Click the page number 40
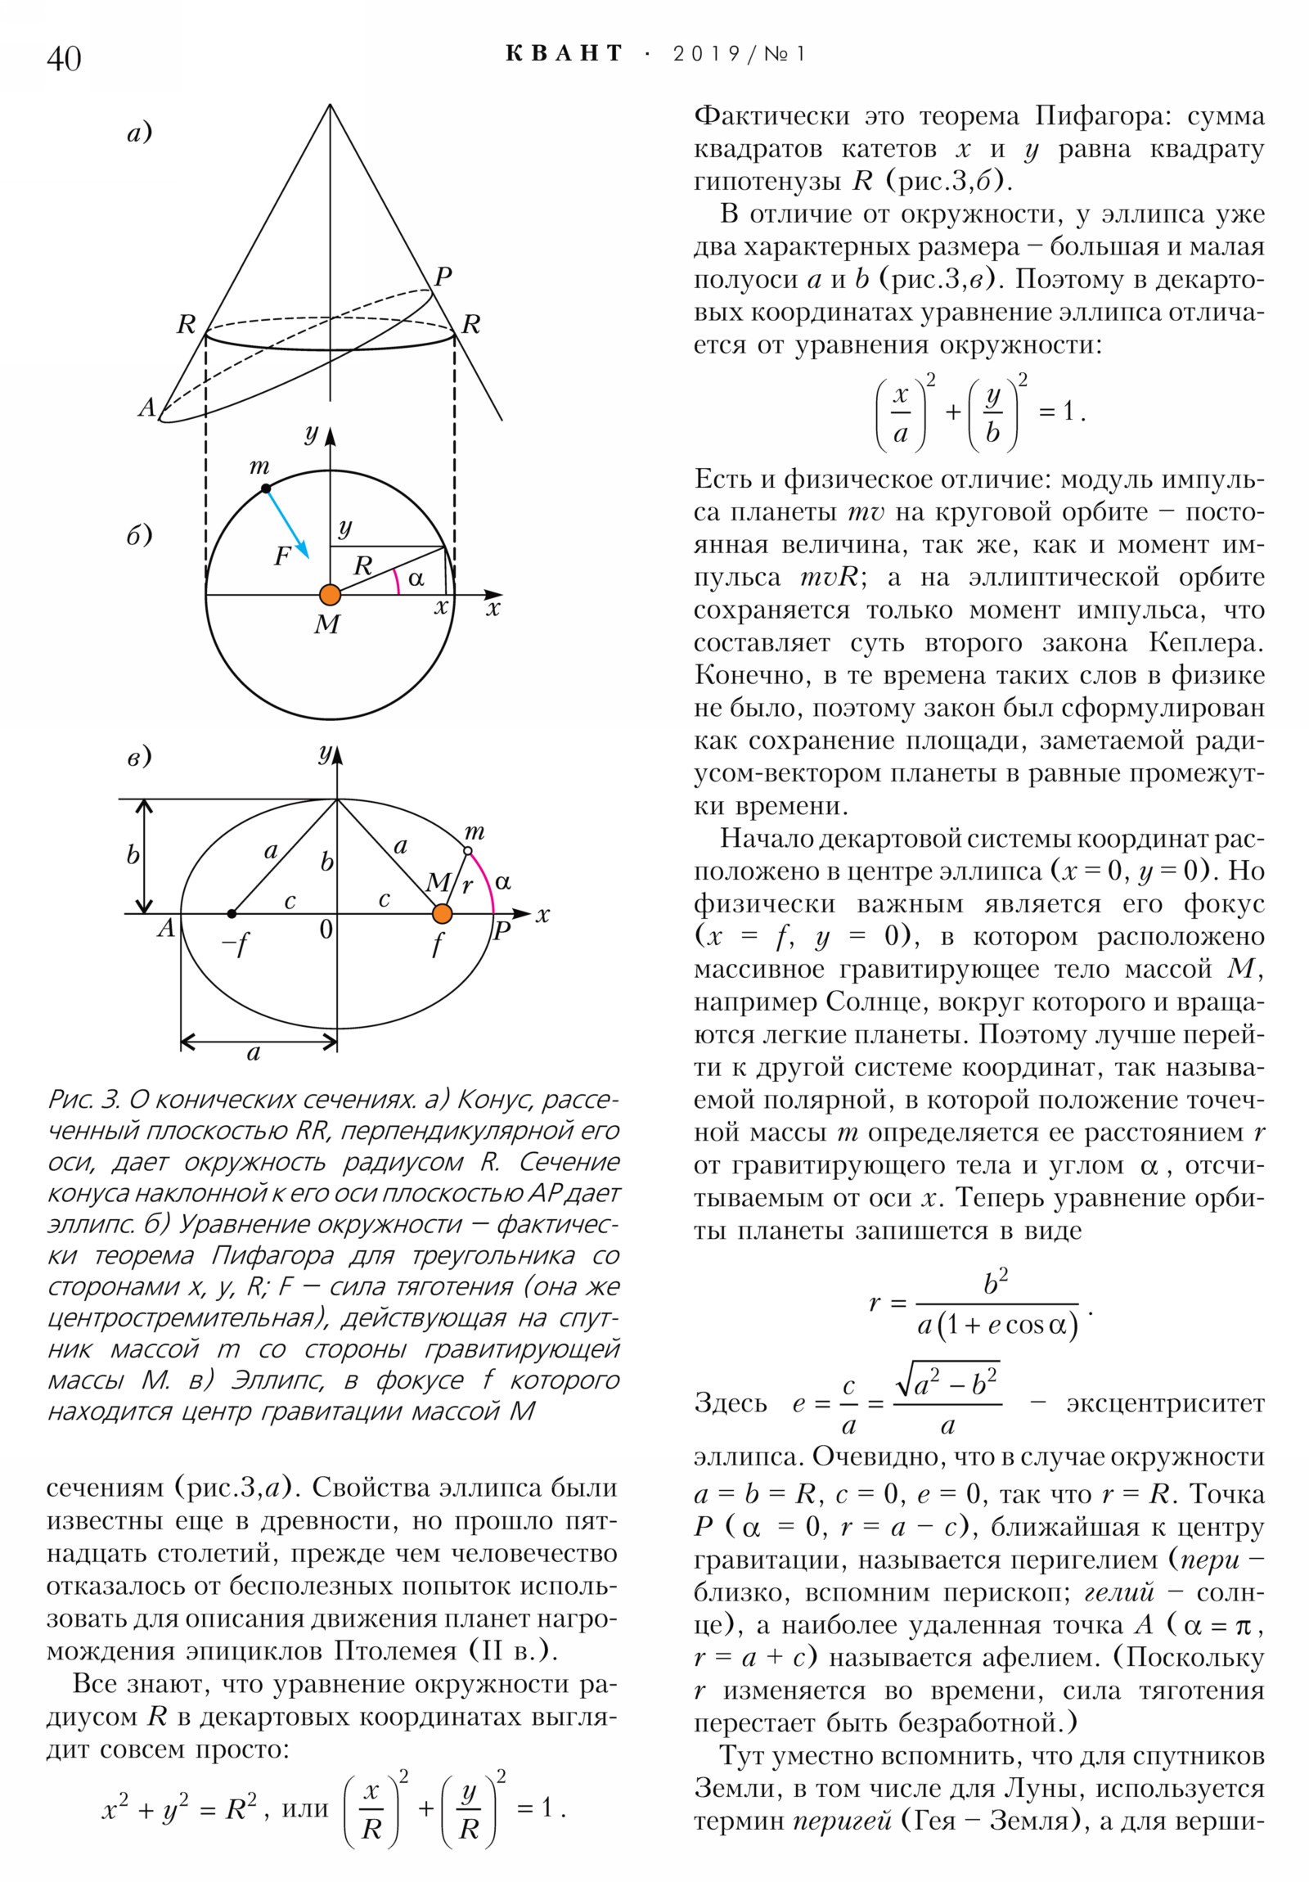pos(64,59)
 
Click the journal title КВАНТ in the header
pos(564,54)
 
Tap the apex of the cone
pos(331,105)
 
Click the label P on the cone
pos(443,277)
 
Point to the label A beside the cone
pos(146,407)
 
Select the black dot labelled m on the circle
pos(266,489)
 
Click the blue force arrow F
pos(288,524)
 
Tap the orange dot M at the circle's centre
pos(330,594)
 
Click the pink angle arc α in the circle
pos(397,580)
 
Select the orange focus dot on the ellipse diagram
pos(442,913)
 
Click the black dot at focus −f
pos(232,913)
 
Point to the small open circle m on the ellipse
pos(467,852)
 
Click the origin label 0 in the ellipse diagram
pos(326,930)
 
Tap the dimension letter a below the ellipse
pos(254,1052)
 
